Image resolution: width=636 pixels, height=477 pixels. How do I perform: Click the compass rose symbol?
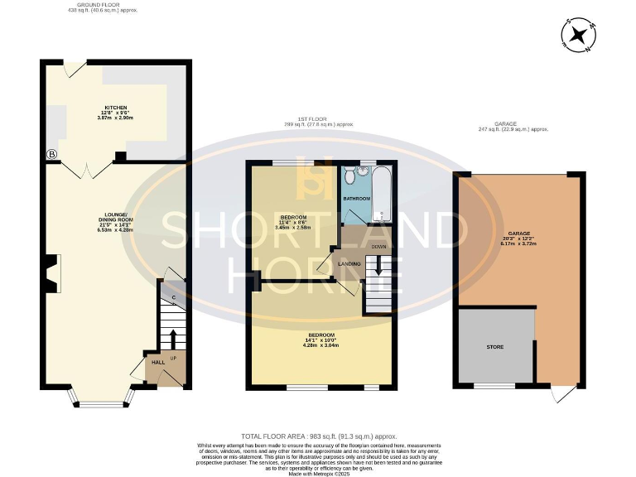(580, 36)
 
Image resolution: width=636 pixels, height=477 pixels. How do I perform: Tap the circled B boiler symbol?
(51, 154)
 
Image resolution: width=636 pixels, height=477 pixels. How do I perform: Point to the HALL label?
(157, 362)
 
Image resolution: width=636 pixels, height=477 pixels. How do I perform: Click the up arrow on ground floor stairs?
(172, 338)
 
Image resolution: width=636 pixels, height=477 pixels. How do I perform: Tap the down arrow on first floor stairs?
(378, 267)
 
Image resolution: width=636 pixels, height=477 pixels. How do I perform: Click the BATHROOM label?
(357, 200)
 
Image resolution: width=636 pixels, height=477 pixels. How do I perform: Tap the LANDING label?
(349, 263)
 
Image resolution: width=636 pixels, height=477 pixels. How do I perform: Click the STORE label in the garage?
(494, 346)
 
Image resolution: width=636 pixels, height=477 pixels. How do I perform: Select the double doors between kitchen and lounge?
(85, 170)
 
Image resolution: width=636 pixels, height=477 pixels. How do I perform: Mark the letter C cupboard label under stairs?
(173, 297)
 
